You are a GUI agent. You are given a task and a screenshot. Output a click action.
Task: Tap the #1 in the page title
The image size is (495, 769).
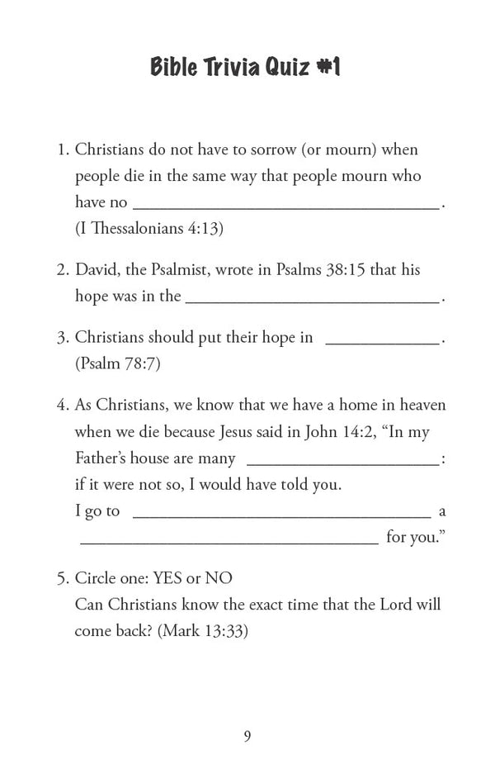[x=328, y=67]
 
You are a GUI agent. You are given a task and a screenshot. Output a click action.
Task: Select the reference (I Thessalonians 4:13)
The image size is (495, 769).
[x=149, y=229]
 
